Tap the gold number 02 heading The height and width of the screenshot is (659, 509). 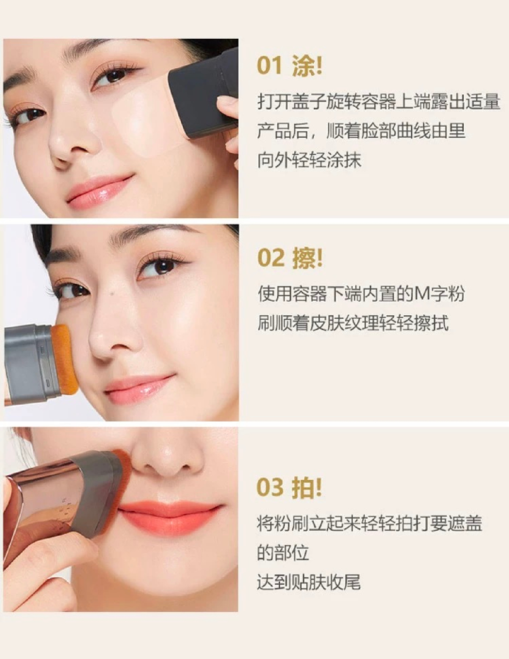[x=271, y=258]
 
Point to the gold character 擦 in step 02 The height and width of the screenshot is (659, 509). [x=304, y=258]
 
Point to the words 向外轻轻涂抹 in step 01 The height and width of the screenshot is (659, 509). [x=309, y=160]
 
